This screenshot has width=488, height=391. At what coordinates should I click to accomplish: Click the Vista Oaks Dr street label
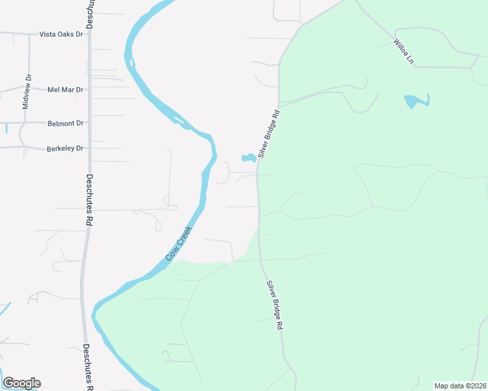[x=61, y=34]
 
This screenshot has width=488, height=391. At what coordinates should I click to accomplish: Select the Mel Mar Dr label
[x=65, y=90]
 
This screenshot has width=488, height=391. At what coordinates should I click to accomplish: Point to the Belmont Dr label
[x=66, y=123]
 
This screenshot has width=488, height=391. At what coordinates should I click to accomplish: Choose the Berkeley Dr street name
[x=65, y=149]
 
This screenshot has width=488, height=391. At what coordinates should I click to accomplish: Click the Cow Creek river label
[x=178, y=243]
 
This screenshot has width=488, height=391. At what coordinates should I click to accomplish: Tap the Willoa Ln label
[x=404, y=51]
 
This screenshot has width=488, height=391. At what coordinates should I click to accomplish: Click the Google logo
[x=22, y=383]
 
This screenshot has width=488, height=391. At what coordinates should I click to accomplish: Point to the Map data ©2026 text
[x=460, y=386]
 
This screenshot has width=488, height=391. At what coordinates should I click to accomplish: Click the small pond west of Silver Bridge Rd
[x=249, y=158]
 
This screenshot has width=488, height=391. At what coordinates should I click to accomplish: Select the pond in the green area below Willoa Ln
[x=414, y=102]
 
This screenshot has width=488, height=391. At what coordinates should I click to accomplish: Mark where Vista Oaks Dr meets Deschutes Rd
[x=89, y=34]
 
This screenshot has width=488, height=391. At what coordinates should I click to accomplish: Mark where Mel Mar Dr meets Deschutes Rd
[x=89, y=90]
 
